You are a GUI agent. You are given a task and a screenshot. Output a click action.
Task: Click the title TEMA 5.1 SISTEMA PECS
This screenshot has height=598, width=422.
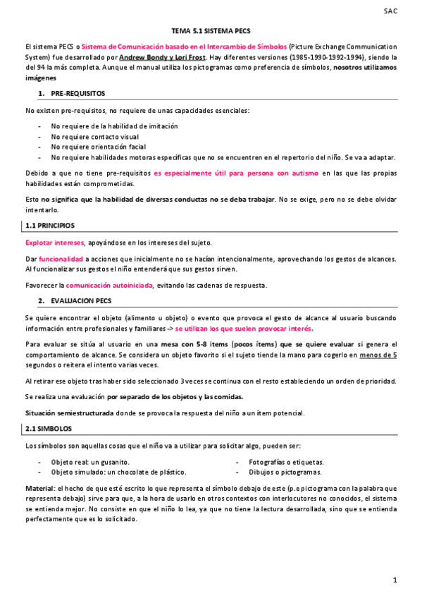[211, 32]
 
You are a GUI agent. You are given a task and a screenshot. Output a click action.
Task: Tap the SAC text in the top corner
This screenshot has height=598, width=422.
[390, 11]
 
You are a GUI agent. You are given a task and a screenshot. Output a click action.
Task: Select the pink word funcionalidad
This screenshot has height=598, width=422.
[61, 260]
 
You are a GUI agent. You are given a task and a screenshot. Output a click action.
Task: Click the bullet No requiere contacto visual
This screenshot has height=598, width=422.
[94, 136]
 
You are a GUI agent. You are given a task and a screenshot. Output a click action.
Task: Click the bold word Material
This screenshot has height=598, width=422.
[39, 488]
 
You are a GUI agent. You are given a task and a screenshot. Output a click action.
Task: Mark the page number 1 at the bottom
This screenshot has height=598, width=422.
[395, 580]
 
